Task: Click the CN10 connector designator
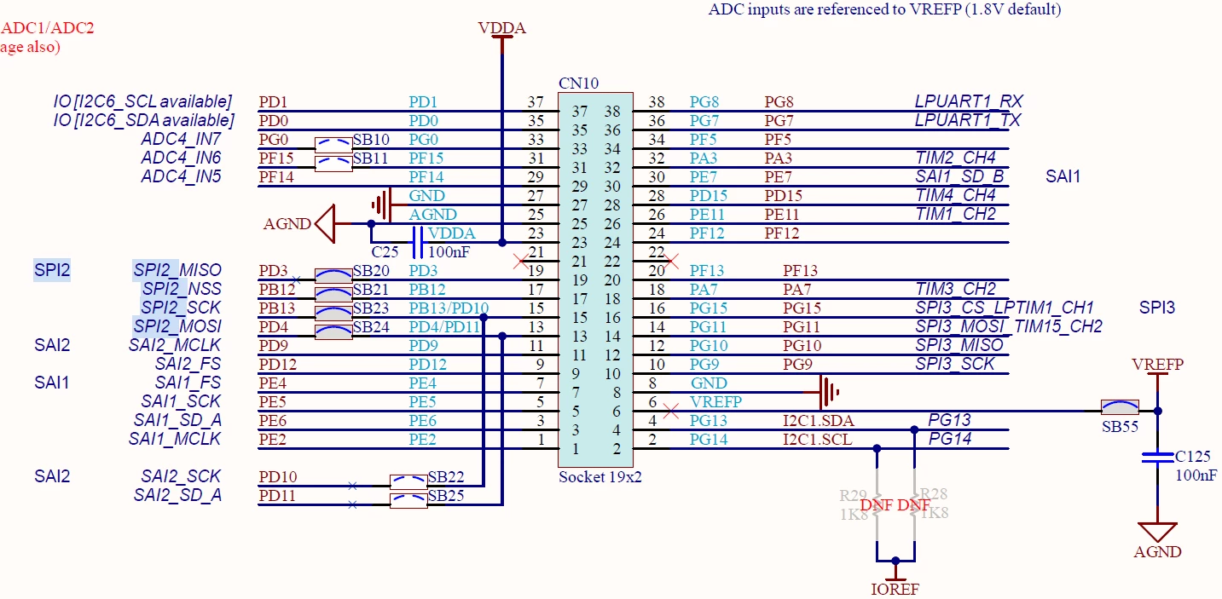pos(578,84)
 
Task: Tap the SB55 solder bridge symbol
pos(1120,407)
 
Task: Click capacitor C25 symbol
pos(417,242)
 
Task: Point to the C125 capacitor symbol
pos(1157,458)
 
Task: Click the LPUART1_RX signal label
pos(969,101)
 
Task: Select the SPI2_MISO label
pos(177,270)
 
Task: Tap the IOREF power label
pos(895,589)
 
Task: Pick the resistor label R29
pos(853,495)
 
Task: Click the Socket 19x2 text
pos(600,477)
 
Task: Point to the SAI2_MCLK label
pos(175,346)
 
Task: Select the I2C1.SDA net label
pos(819,421)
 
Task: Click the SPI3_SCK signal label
pos(955,364)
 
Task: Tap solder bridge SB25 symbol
pos(408,500)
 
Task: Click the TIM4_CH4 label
pos(955,195)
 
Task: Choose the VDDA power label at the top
pos(502,28)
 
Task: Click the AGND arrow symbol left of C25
pos(326,223)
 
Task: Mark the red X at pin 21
pos(520,262)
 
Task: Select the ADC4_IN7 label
pos(181,139)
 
